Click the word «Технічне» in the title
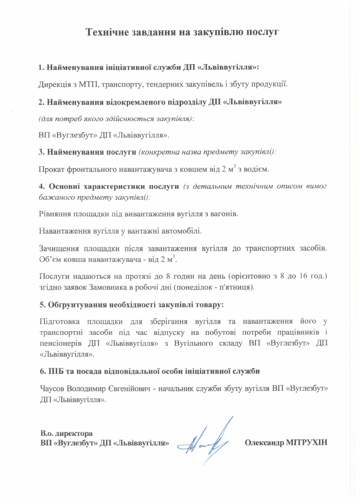coord(107,32)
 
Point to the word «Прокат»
coord(51,169)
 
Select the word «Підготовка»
coord(59,321)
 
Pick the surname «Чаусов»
coord(52,389)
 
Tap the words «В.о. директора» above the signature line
coord(66,433)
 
